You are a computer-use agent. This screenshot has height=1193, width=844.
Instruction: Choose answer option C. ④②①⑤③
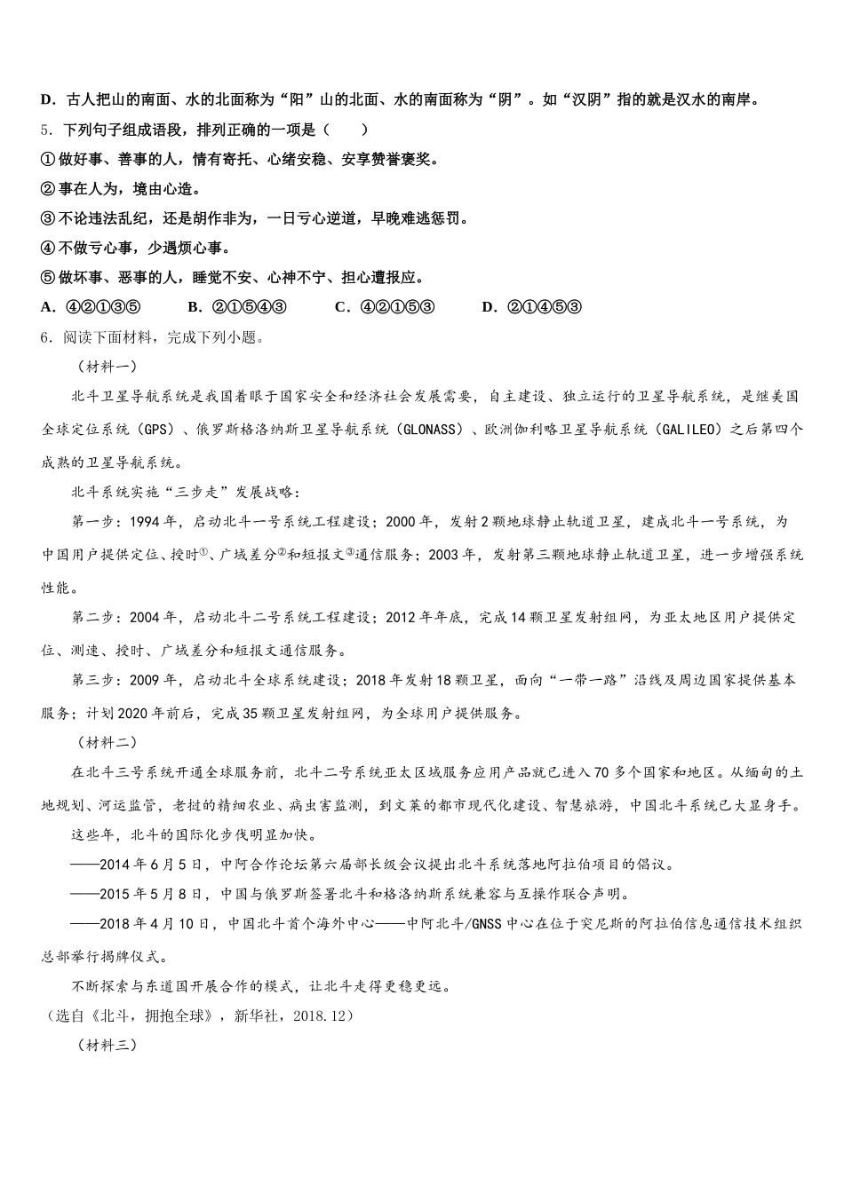pos(384,307)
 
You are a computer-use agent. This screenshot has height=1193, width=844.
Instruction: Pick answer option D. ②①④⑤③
pos(531,307)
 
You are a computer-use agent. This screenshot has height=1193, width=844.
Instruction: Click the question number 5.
pos(45,130)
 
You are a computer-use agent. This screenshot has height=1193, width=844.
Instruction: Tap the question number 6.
pos(45,337)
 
